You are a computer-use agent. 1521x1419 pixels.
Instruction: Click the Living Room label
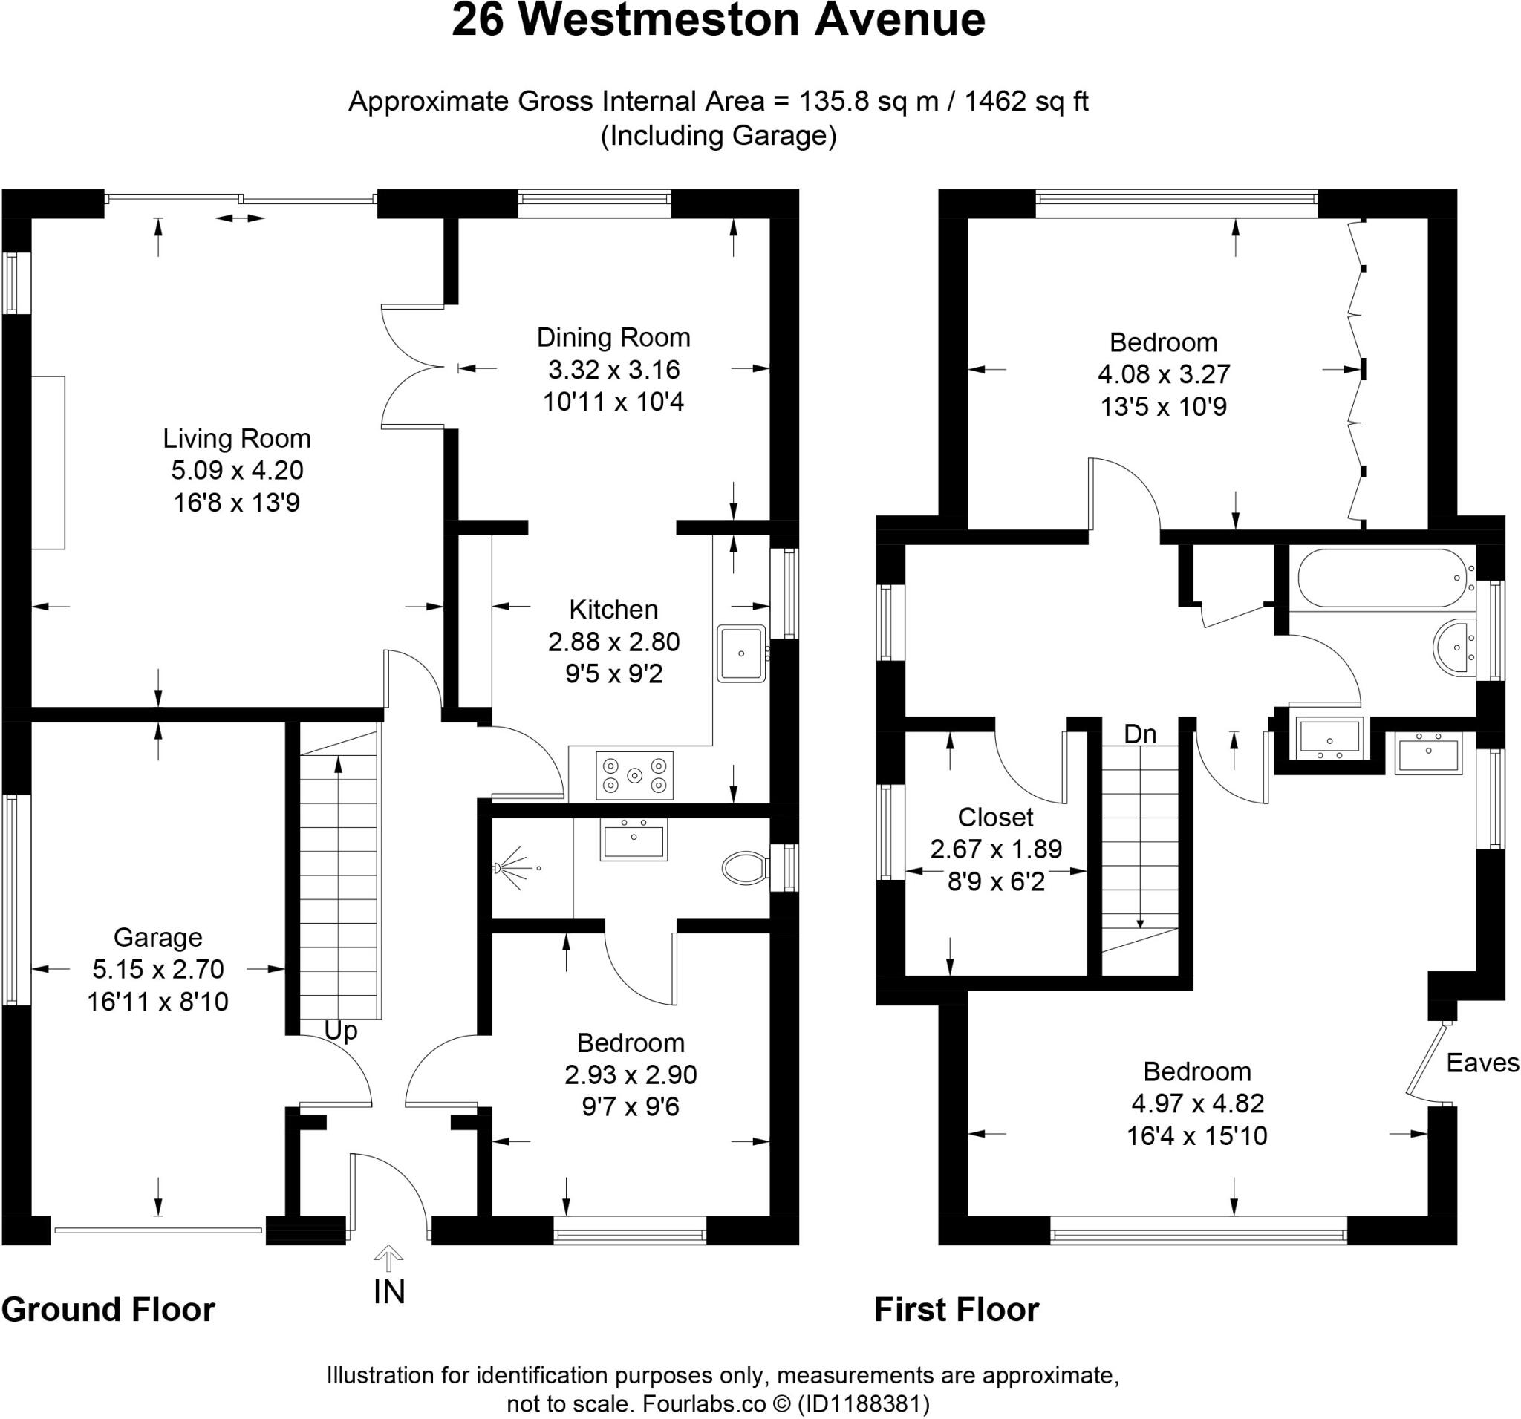click(x=236, y=438)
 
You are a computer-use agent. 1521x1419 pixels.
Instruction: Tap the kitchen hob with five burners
click(x=634, y=776)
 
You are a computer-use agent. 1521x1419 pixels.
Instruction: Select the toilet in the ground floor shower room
click(x=744, y=867)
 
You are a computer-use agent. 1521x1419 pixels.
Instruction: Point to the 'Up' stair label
click(x=340, y=1031)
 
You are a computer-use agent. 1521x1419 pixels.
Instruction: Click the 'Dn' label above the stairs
click(x=1140, y=734)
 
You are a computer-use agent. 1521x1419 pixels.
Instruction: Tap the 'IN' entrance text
click(x=388, y=1292)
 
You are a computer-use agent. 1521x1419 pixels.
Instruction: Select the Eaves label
click(x=1482, y=1063)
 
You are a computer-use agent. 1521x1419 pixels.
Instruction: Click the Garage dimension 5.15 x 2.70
click(x=157, y=969)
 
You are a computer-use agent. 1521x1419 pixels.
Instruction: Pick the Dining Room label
click(x=613, y=337)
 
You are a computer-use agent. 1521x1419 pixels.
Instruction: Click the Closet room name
click(x=995, y=817)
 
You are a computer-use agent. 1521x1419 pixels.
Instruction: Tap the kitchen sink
click(x=741, y=653)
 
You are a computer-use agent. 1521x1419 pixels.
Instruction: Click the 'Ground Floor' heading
click(x=108, y=1310)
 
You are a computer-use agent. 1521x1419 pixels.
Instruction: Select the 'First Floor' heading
click(x=957, y=1310)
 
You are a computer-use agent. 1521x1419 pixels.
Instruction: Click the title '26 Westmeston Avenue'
click(x=717, y=22)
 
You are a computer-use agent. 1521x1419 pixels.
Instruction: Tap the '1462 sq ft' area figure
click(x=1026, y=101)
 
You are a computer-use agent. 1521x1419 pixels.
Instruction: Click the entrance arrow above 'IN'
click(x=388, y=1256)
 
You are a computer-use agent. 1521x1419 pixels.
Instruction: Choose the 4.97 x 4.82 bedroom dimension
click(x=1196, y=1103)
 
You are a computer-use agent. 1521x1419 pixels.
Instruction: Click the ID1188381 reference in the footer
click(x=863, y=1403)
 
